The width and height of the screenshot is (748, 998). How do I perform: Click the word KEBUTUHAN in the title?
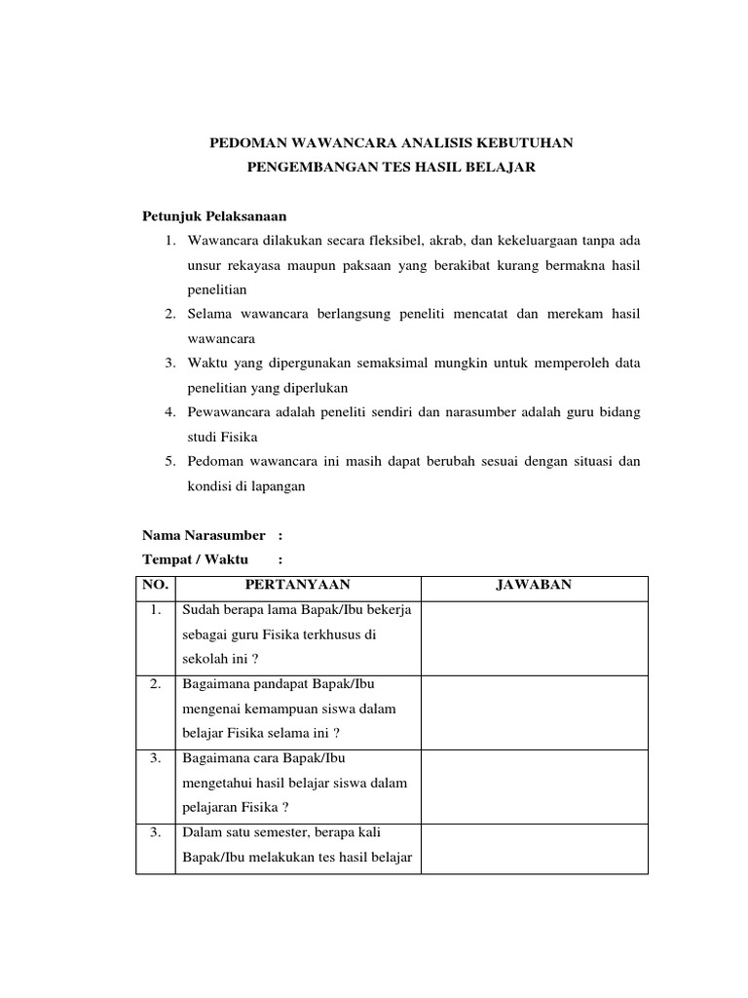click(527, 144)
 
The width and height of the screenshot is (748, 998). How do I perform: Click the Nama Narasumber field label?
click(204, 535)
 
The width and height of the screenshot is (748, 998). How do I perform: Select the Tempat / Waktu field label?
click(195, 559)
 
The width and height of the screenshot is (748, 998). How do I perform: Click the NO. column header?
click(155, 585)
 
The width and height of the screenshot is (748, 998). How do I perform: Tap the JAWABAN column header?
click(534, 585)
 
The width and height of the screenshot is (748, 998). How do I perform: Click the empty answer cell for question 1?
click(534, 637)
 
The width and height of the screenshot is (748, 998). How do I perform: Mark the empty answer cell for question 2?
click(534, 711)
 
